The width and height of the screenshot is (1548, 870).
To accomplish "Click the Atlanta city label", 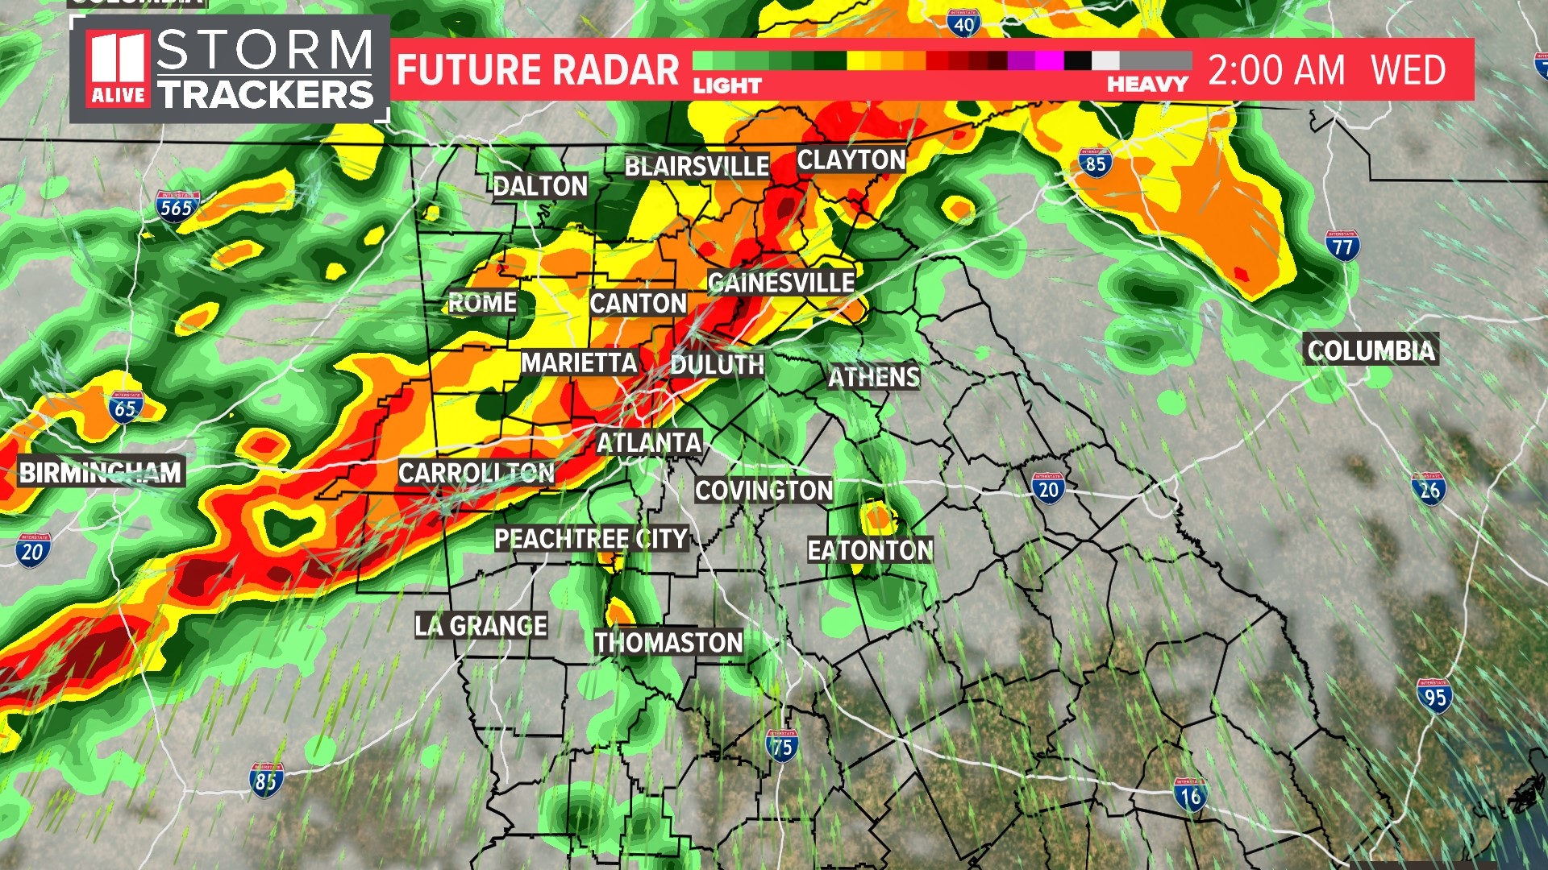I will point(649,443).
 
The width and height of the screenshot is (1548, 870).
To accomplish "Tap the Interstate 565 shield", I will point(177,207).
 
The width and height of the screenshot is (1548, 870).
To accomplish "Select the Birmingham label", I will point(101,473).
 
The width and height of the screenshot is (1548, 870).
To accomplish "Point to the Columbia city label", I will point(1371,350).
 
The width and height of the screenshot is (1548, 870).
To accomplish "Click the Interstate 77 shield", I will point(1342,246).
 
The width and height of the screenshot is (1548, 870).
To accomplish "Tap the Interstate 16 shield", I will point(1191,796).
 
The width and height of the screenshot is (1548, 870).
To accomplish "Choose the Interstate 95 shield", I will point(1434,697).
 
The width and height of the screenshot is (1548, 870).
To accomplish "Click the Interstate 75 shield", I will point(781,747).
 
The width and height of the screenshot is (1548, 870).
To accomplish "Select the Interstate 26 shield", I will point(1429,489).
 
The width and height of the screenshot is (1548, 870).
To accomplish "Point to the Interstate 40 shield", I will point(963,24).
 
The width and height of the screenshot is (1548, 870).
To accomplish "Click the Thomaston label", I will point(668,643).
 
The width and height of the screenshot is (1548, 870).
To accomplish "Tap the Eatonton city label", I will point(870,550).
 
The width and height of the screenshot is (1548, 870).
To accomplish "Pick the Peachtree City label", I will point(591,539).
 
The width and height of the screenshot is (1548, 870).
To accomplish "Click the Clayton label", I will point(851,160).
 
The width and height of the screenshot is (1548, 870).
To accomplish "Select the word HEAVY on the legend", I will point(1147,85).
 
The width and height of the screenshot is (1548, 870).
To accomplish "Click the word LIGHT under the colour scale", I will point(727,85).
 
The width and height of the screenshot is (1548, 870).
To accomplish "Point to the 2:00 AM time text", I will point(1276,70).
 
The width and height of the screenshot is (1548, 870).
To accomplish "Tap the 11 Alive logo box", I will point(119,68).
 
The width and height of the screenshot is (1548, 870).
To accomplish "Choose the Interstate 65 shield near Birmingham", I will point(126,408).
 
